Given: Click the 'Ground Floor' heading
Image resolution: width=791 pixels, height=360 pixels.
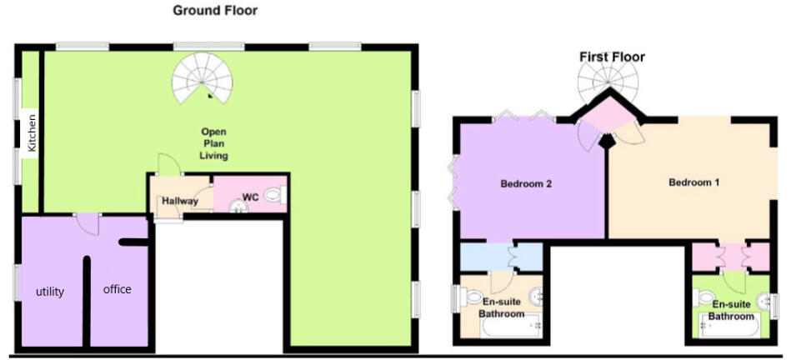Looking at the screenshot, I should click(x=215, y=11).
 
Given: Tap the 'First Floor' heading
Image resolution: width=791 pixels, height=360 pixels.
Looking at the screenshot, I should click(x=612, y=57).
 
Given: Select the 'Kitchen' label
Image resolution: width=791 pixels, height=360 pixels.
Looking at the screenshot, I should click(x=33, y=132).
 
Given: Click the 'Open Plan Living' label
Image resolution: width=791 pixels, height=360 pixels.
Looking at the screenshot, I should click(x=214, y=143).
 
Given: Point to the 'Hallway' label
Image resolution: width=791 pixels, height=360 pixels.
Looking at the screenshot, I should click(x=179, y=201).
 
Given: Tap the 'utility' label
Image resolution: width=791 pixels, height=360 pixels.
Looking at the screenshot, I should click(x=49, y=292).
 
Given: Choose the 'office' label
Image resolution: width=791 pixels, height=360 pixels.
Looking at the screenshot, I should click(x=117, y=289).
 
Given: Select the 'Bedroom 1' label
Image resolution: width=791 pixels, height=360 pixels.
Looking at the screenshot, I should click(x=693, y=182).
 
